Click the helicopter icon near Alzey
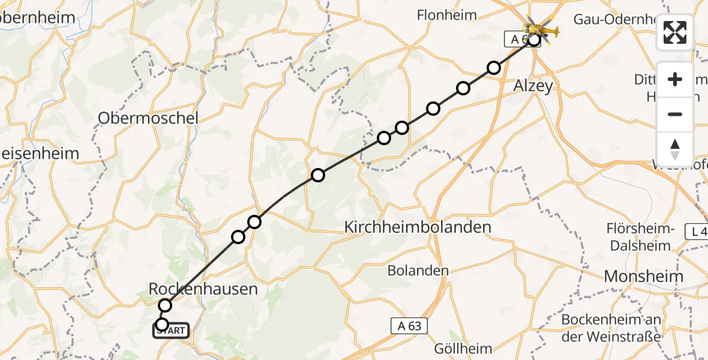coord(541,29)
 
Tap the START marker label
coord(172,331)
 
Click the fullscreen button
coord(675,32)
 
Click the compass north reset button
coord(675,149)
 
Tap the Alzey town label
coord(533,86)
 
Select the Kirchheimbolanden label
coord(418,227)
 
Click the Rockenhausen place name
coord(203,289)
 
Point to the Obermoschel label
coord(148,118)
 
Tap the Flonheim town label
coord(447,16)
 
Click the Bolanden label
coord(418,271)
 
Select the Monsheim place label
coord(644,277)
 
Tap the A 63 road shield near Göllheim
coord(406,326)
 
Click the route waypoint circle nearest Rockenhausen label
coord(165,305)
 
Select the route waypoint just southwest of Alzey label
coord(493,68)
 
